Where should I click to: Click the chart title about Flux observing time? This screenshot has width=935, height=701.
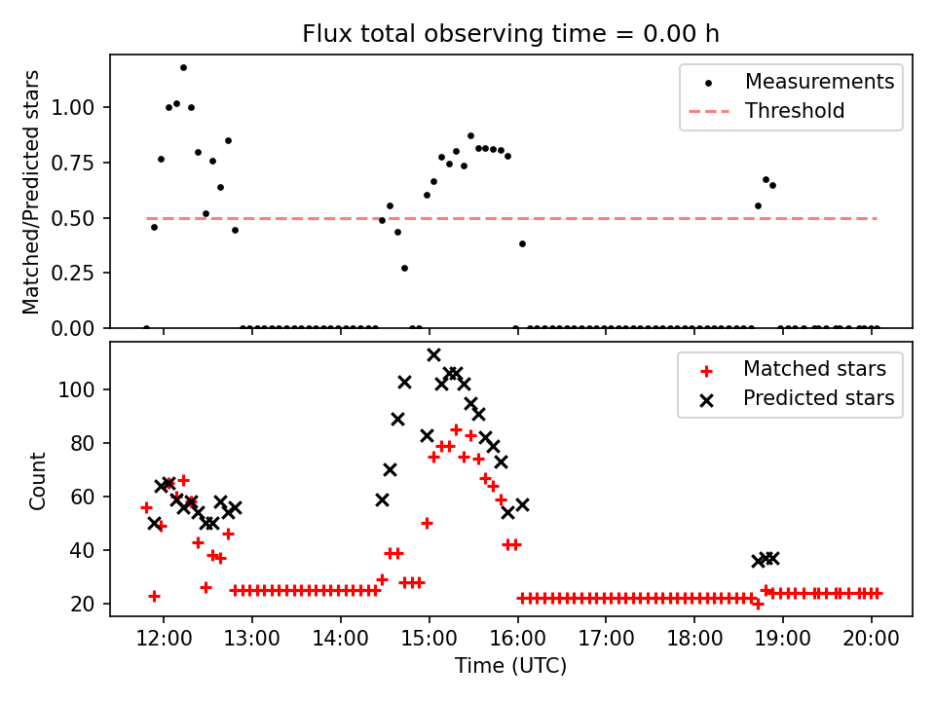[x=510, y=34]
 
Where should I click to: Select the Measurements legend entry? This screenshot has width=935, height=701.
[x=819, y=82]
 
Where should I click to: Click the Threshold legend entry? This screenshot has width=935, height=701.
[x=794, y=111]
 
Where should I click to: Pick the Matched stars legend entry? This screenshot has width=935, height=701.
[x=814, y=369]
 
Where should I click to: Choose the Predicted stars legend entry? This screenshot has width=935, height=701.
[x=818, y=398]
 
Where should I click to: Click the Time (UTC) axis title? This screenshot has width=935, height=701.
[x=510, y=667]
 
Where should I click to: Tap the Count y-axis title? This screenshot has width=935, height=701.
[x=38, y=480]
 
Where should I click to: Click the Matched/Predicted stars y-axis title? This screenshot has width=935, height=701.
[x=32, y=192]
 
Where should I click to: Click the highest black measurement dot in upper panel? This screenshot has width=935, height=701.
[x=183, y=67]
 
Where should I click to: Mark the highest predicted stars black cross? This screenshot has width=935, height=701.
[x=433, y=354]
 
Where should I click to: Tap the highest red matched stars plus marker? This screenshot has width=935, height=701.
[x=456, y=429]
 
